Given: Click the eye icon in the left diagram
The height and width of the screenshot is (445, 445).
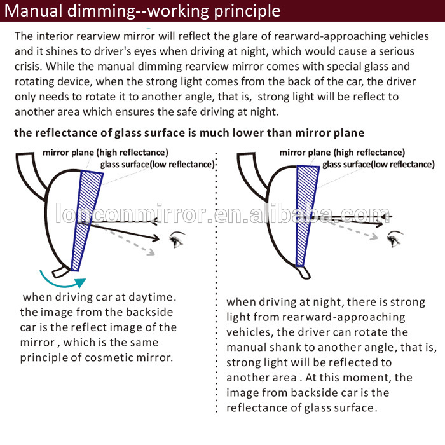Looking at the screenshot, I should [x=177, y=240].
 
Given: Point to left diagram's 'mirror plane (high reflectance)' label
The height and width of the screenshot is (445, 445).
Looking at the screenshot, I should [x=105, y=153].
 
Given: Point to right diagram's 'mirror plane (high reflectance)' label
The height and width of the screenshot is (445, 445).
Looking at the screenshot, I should [x=342, y=153].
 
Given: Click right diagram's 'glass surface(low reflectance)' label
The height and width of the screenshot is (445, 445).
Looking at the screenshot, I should [x=378, y=164].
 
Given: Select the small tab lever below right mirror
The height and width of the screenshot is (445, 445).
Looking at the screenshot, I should [x=305, y=272].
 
